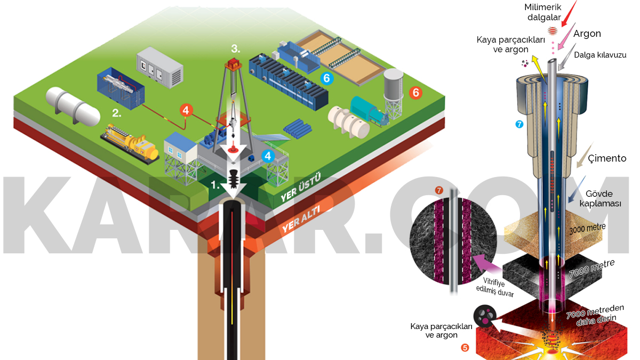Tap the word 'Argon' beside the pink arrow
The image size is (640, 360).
(587, 34)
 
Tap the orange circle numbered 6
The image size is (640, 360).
(415, 93)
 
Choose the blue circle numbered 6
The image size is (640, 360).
(327, 79)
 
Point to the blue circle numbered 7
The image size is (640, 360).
(521, 125)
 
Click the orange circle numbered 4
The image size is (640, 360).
(185, 110)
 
